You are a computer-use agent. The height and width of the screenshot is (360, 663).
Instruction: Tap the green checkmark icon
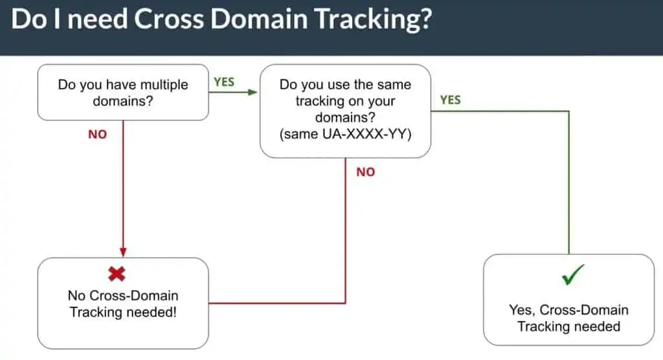coord(574,275)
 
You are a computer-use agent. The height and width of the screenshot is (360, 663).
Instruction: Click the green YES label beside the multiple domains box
coord(224,82)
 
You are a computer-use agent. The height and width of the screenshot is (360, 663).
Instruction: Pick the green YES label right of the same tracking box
coord(451,100)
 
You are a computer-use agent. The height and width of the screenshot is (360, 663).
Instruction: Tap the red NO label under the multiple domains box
coord(97,135)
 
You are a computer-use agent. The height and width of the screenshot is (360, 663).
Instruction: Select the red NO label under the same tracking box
coord(366,172)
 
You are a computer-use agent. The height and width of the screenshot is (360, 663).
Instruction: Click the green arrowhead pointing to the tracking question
coord(253,93)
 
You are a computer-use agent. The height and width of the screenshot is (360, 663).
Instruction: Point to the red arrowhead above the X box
coord(123,252)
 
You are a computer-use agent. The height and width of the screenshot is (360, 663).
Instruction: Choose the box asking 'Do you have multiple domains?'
coord(123,93)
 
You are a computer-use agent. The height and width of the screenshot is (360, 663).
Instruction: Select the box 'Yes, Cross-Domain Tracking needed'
coord(568,299)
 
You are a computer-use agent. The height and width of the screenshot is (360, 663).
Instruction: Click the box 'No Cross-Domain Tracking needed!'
coord(123,303)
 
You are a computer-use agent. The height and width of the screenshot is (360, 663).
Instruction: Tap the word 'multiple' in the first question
coord(164,85)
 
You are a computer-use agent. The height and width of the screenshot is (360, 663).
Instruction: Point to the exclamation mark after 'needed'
coord(175,311)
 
